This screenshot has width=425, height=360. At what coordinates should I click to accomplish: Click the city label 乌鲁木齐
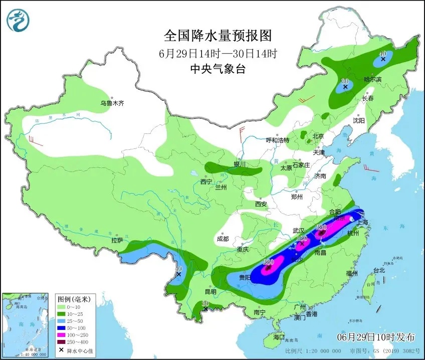[111, 103]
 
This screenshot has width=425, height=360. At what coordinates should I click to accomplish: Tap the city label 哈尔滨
[372, 80]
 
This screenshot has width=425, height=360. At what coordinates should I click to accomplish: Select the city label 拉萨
[117, 241]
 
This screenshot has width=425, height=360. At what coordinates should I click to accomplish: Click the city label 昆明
[210, 292]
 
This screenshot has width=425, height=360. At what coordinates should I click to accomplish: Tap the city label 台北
[379, 270]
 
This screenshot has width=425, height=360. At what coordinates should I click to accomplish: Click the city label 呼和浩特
[277, 140]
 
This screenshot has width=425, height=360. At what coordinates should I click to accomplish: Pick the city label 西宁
[206, 182]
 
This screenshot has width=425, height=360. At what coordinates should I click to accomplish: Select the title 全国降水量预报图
[218, 36]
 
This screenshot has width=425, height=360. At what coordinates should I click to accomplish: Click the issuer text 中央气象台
[218, 69]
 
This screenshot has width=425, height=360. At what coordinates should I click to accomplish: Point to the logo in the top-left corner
[18, 20]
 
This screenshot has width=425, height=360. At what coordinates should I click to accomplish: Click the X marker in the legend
[62, 350]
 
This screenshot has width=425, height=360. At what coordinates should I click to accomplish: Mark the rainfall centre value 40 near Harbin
[383, 53]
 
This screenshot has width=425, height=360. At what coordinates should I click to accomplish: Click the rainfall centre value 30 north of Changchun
[345, 81]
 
